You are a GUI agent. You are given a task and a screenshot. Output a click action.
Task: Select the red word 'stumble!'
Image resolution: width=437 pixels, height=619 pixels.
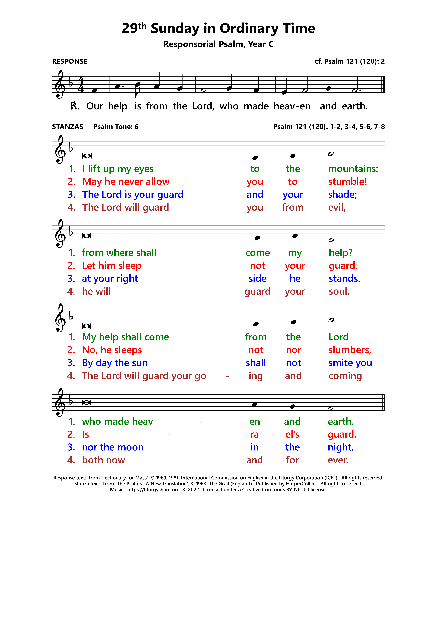[x=347, y=182]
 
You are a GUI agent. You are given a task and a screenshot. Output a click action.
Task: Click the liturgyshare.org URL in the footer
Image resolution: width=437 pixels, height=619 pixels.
[x=153, y=490]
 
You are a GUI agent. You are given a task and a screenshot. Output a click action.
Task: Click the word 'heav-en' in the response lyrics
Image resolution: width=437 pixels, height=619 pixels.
[x=292, y=106]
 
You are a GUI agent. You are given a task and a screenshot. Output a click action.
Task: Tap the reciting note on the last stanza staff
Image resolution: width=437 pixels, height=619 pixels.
[x=86, y=402]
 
